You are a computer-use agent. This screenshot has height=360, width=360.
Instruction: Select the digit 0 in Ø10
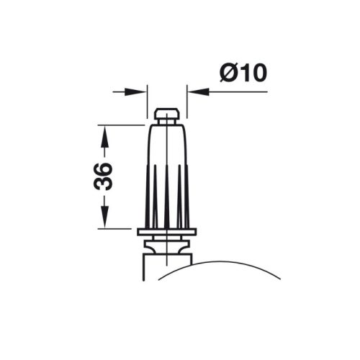click(257, 72)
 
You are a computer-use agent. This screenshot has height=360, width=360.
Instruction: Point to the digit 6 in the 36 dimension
click(104, 168)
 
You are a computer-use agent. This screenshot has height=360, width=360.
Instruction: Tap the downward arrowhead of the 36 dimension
click(104, 220)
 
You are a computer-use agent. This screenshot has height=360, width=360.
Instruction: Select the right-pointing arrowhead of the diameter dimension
click(138, 91)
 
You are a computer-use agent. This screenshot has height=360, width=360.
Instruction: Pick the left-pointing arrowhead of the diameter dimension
click(196, 91)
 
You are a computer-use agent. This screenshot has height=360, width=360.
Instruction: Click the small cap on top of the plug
click(167, 115)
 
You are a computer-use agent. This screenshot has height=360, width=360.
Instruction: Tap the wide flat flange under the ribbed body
click(166, 230)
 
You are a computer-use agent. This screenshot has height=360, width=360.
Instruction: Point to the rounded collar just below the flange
click(167, 245)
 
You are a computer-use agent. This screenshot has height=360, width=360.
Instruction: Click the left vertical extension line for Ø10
click(147, 101)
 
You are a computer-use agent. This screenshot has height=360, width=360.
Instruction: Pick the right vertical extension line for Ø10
click(187, 101)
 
